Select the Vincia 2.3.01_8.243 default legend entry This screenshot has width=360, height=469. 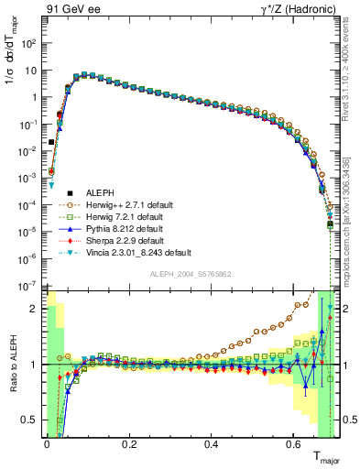(138, 266)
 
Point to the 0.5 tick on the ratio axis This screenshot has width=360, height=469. (32, 420)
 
